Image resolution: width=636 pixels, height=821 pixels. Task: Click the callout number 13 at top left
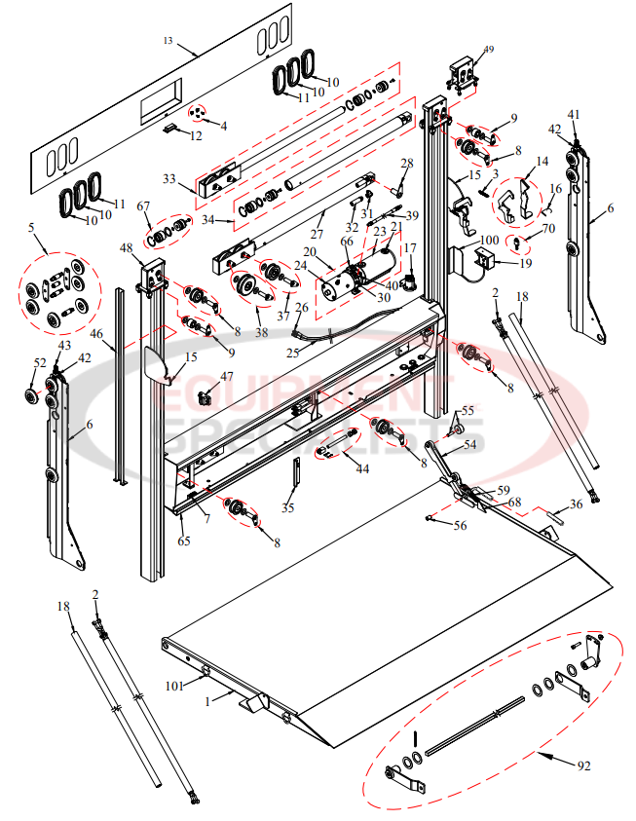click(x=168, y=40)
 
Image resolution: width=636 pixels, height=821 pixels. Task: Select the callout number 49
click(x=488, y=50)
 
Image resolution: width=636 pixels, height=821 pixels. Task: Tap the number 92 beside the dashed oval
click(x=583, y=765)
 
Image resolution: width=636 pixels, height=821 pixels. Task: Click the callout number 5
click(x=31, y=229)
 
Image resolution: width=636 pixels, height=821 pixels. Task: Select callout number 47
click(x=226, y=376)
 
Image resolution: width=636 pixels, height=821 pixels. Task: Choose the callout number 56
click(x=460, y=525)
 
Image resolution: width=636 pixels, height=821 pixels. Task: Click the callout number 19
click(x=525, y=262)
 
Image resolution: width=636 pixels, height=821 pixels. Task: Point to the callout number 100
click(x=490, y=239)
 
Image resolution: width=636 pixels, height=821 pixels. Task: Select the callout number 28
click(x=406, y=163)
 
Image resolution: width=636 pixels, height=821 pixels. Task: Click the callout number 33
click(x=168, y=180)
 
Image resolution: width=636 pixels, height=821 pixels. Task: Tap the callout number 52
click(x=40, y=362)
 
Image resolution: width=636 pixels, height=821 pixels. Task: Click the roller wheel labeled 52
click(x=34, y=397)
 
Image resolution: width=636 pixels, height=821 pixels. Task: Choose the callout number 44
click(x=362, y=468)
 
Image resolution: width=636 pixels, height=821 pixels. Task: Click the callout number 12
click(x=196, y=135)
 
